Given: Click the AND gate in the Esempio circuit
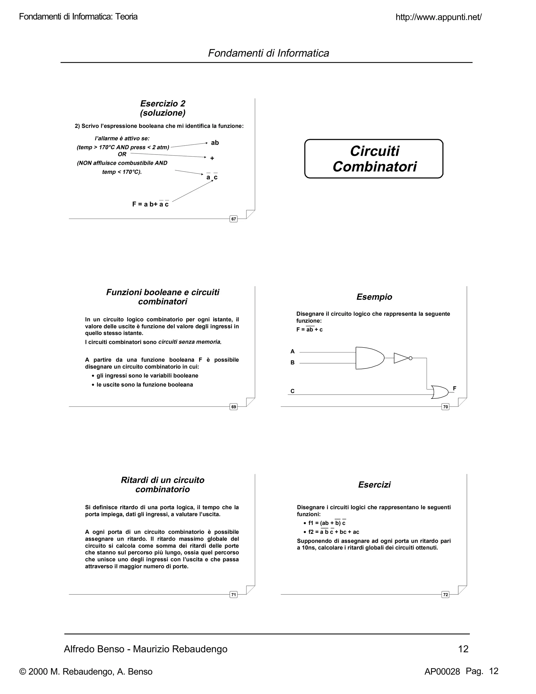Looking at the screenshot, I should coord(369,358).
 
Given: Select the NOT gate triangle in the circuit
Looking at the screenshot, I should coord(401,358).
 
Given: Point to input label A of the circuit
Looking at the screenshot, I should coord(292,351).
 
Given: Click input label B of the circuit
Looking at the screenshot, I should coord(292,362).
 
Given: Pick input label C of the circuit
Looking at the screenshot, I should coord(292,391).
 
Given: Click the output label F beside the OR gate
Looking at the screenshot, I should coord(454,388).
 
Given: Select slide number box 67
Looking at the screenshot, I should coord(233,219).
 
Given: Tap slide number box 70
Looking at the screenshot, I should coord(445,407).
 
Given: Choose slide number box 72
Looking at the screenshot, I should coord(445,595).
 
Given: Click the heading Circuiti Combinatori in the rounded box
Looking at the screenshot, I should coord(374,159).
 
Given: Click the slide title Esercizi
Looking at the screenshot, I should coord(374,484).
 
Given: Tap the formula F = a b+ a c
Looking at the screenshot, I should coord(150,204).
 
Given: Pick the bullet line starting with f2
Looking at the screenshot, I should coord(333,532).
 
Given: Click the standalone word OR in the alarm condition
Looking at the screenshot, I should coord(122,154).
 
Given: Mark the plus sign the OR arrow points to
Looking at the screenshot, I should coord(212,158).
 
